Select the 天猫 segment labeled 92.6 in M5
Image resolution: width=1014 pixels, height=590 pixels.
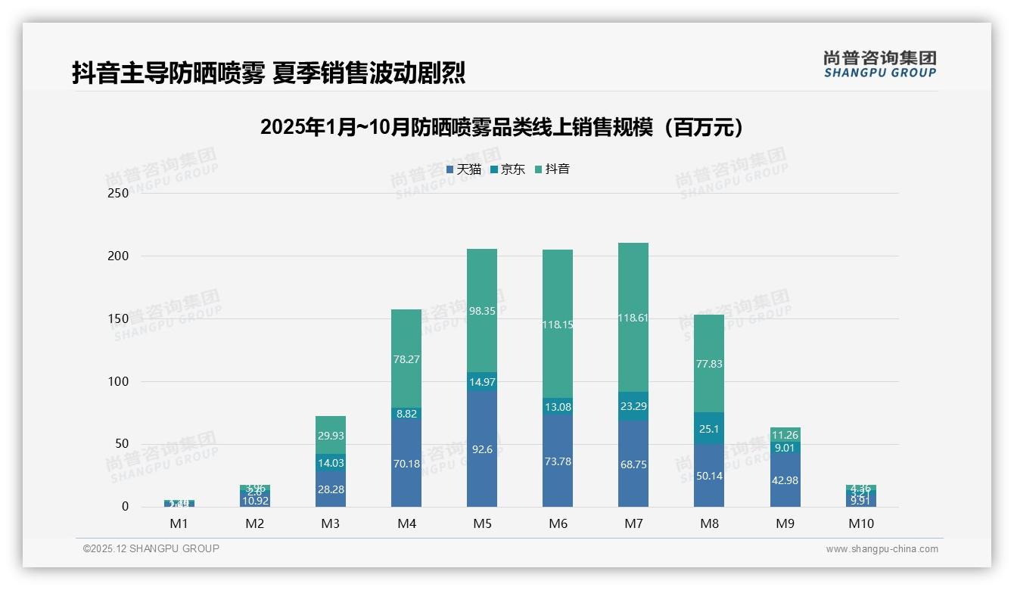[x=482, y=449]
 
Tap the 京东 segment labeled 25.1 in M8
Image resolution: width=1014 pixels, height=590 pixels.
[x=709, y=428]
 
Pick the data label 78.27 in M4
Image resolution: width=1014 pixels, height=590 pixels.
[x=406, y=359]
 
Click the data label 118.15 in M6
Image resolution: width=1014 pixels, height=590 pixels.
[x=558, y=324]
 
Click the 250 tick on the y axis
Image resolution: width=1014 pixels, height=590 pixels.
[x=119, y=193]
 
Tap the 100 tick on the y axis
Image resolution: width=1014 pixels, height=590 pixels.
[x=119, y=381]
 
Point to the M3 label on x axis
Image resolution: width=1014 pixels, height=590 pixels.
[x=331, y=523]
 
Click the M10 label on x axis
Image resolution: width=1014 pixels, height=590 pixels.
[x=860, y=523]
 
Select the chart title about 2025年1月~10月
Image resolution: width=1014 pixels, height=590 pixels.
[x=502, y=127]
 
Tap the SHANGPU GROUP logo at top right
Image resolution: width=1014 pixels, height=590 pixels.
[x=879, y=64]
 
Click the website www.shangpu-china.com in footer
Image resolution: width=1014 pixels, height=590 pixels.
[x=882, y=549]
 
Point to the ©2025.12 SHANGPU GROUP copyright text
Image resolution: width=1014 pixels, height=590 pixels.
[x=151, y=549]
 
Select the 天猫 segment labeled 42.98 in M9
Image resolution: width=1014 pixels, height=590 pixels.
[x=785, y=480]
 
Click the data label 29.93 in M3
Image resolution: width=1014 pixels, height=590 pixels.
[x=331, y=436]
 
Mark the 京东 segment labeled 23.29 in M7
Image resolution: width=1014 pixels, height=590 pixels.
[x=633, y=406]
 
